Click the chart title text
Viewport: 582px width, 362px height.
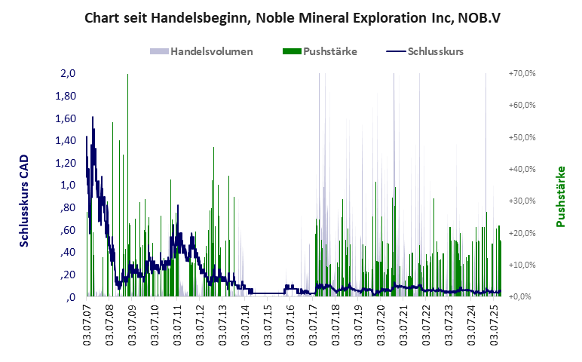pyautogui.click(x=290, y=17)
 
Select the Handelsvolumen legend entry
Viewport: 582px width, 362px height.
pyautogui.click(x=201, y=51)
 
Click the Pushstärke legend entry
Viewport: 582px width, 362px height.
pyautogui.click(x=319, y=51)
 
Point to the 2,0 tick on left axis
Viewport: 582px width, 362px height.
pyautogui.click(x=68, y=74)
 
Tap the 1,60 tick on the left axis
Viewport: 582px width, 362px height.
pyautogui.click(x=66, y=118)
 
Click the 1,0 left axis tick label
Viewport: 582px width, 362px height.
pyautogui.click(x=68, y=186)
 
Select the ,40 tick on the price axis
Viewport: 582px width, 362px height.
pyautogui.click(x=68, y=252)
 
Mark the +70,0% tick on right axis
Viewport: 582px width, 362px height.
pyautogui.click(x=522, y=74)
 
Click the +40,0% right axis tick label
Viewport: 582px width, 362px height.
pyautogui.click(x=522, y=170)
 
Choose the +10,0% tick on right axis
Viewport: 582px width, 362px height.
pyautogui.click(x=522, y=265)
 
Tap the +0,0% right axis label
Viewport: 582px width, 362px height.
pyautogui.click(x=522, y=297)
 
